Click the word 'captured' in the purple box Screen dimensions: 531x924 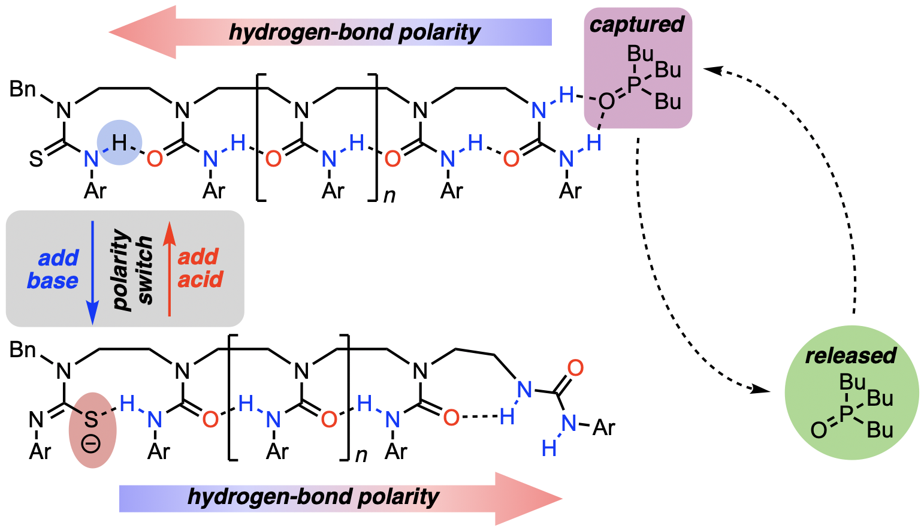(636, 25)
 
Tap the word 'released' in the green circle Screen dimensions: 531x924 (850, 355)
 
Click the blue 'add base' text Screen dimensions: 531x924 (53, 269)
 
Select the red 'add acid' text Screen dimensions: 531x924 (200, 268)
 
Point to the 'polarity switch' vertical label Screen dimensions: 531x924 (132, 269)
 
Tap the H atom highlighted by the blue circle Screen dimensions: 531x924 (119, 143)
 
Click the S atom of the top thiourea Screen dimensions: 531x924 (36, 159)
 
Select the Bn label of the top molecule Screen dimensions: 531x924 (23, 89)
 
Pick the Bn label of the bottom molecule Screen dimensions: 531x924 (23, 349)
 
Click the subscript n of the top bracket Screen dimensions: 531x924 (389, 195)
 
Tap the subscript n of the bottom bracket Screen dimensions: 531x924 (361, 455)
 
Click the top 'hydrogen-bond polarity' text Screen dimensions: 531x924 (354, 32)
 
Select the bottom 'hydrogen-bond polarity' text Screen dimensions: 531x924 (313, 497)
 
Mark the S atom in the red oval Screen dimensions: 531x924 (90, 419)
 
